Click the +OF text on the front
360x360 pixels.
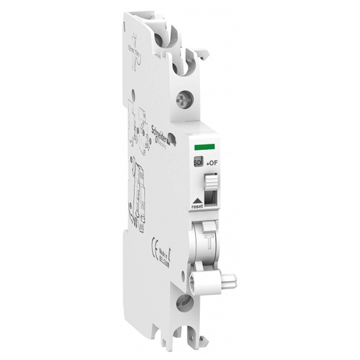coord(211,162)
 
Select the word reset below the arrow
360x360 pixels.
coord(197,207)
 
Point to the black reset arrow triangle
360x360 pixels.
coord(197,200)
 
